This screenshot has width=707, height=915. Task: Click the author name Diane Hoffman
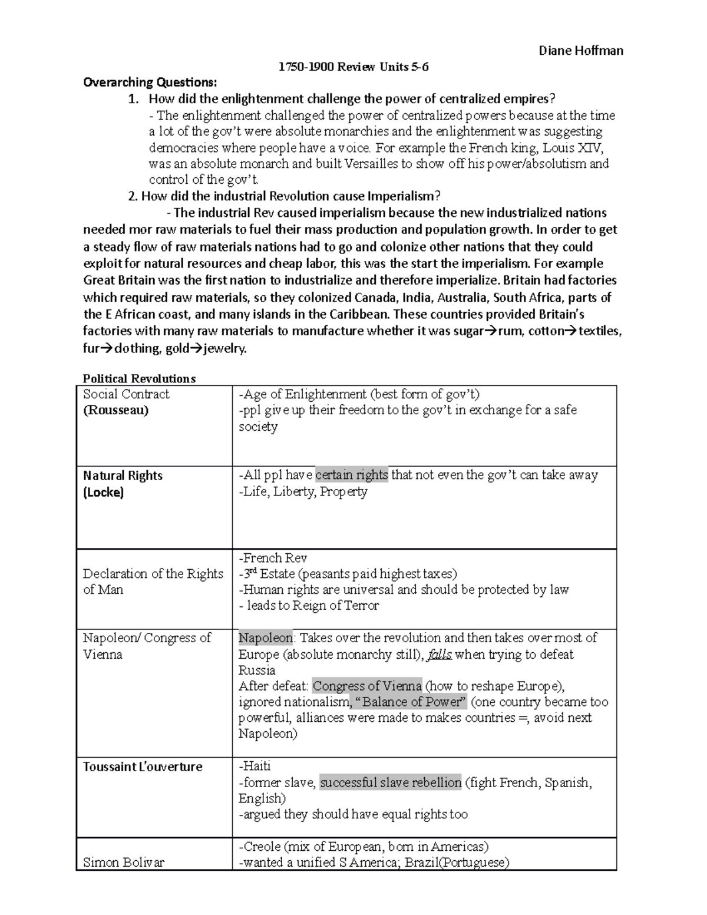coord(581,51)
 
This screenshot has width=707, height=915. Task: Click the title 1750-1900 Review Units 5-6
coord(353,67)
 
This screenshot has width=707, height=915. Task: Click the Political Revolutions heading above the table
coord(139,378)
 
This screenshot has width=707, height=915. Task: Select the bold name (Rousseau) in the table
coord(115,410)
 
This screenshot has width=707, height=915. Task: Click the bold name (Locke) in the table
coord(103,492)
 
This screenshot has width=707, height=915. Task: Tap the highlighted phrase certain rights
coord(352,475)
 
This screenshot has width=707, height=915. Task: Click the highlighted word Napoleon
coord(265,637)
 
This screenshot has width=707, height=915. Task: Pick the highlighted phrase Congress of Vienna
coord(367,686)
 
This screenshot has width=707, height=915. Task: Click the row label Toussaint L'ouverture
coord(143,767)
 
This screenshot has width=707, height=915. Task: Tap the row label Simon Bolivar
coord(124,863)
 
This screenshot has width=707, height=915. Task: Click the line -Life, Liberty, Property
coord(303,491)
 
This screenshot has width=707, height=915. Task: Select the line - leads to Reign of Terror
coord(309,605)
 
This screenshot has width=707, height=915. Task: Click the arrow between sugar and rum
coord(490,331)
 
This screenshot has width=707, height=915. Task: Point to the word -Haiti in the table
coord(255,766)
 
